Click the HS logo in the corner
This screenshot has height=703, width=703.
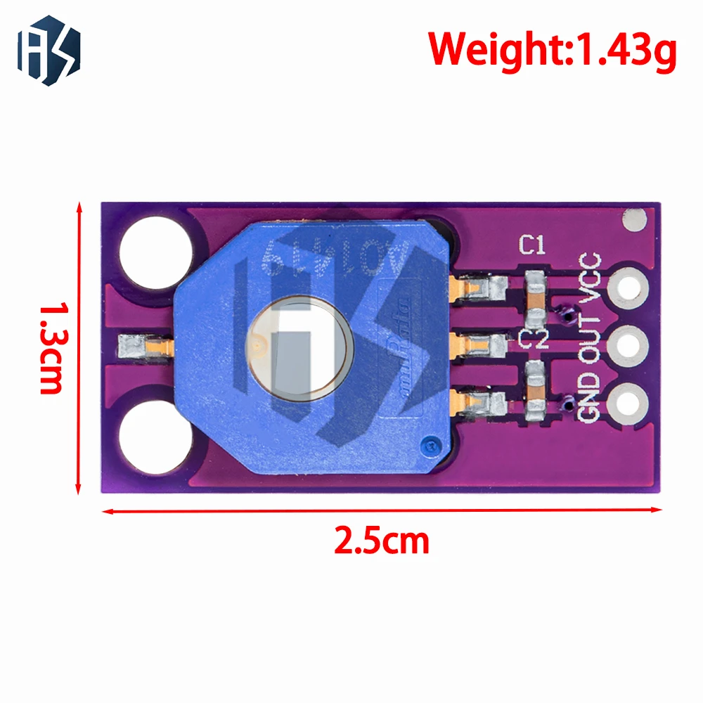[49, 50]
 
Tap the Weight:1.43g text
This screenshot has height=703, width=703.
[553, 50]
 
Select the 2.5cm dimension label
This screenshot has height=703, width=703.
[381, 541]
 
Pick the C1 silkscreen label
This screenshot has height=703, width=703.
[532, 245]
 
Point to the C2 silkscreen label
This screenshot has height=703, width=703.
[532, 338]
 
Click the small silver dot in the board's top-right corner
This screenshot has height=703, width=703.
[634, 221]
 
